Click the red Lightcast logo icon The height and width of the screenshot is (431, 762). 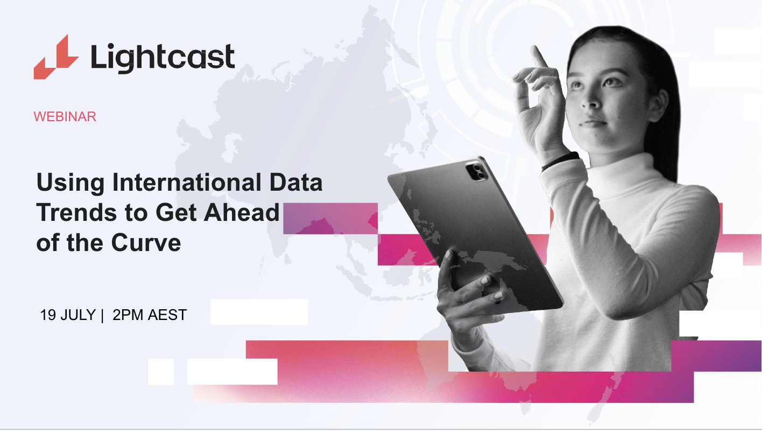pos(55,57)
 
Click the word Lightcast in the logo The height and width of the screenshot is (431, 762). pos(163,57)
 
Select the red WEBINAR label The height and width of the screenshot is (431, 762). pos(65,117)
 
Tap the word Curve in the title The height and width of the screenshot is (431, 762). pos(146,243)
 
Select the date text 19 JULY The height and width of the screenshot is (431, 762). pos(68,315)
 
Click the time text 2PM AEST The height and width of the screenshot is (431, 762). pos(150,315)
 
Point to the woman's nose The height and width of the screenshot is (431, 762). pos(594,100)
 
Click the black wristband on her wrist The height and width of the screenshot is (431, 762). pos(560,161)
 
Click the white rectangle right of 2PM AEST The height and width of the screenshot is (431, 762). pos(259,312)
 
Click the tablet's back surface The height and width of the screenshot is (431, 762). pos(474,237)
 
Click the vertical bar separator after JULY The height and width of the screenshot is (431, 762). pos(102,315)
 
